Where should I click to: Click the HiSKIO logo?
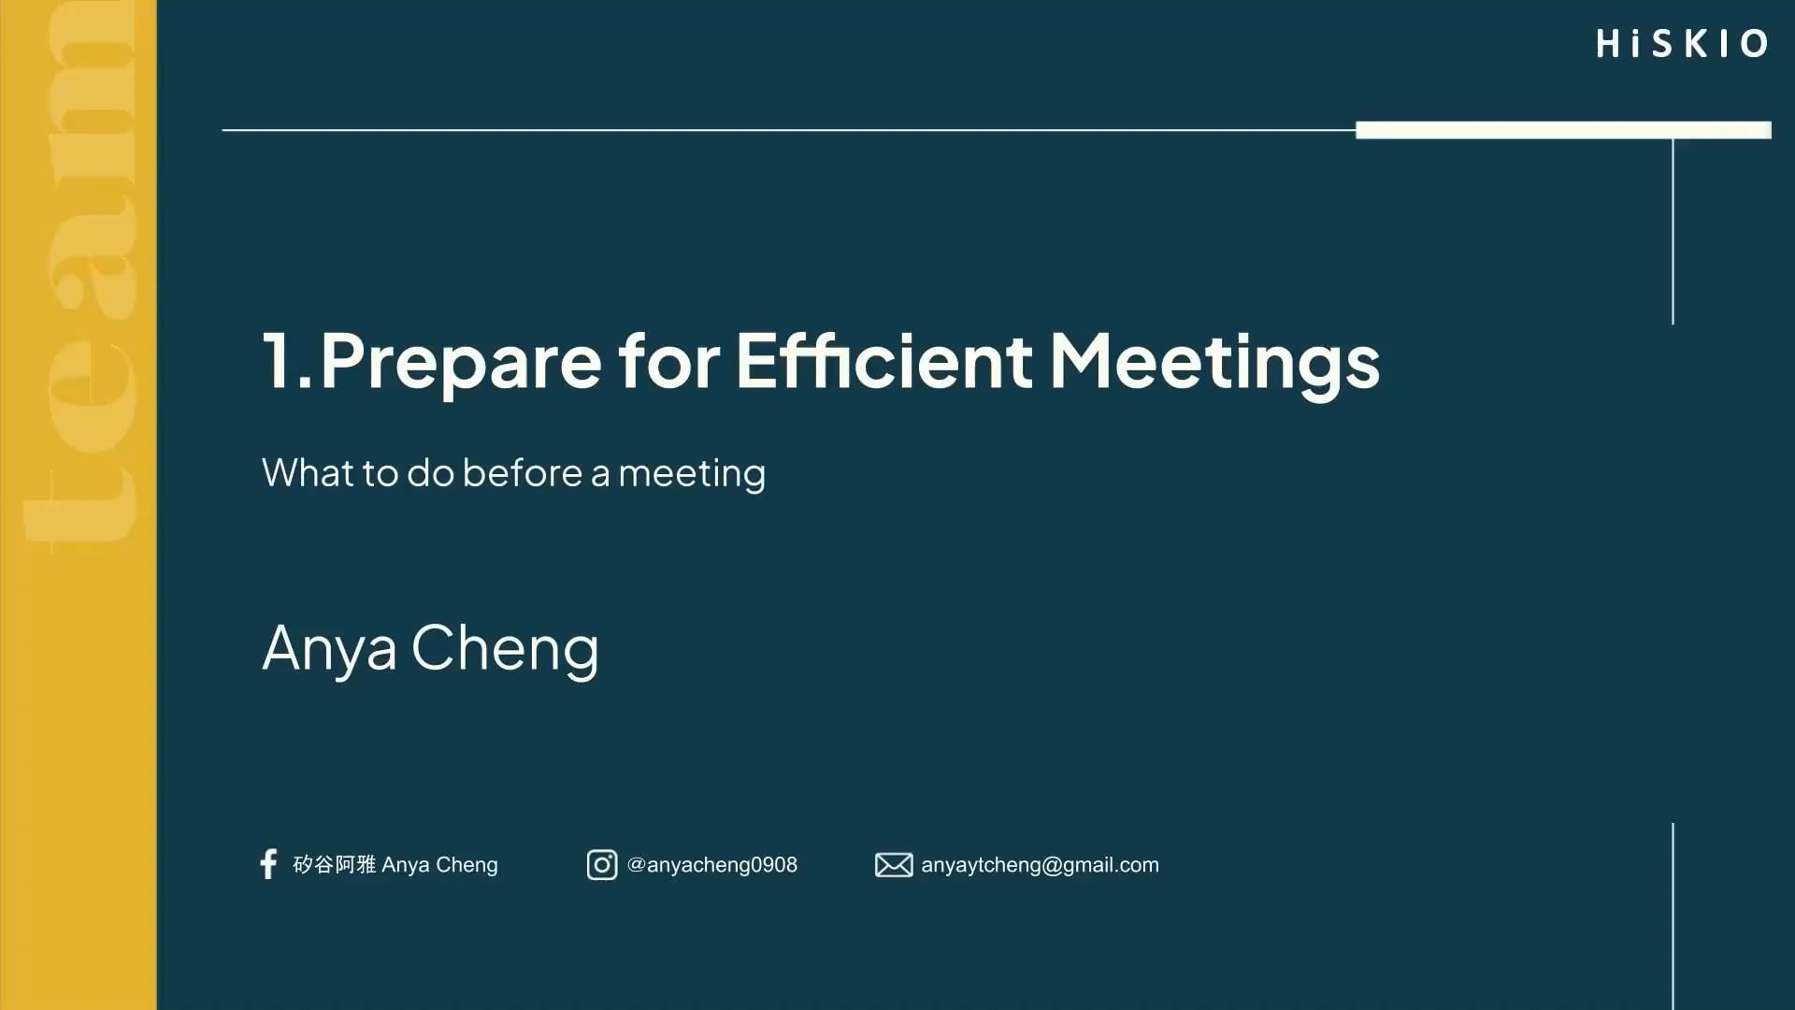point(1682,43)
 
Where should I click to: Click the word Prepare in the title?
point(461,362)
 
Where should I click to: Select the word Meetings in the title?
point(1214,363)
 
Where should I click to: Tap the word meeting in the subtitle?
point(692,474)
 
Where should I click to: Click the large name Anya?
point(329,648)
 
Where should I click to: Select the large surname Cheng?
point(505,647)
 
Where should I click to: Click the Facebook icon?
point(268,864)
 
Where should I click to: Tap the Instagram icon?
point(602,865)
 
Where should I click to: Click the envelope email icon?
point(894,865)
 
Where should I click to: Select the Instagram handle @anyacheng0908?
point(712,865)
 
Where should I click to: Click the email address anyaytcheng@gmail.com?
point(1040,865)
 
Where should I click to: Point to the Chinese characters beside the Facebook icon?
point(334,865)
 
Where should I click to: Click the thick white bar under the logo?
point(1563,130)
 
